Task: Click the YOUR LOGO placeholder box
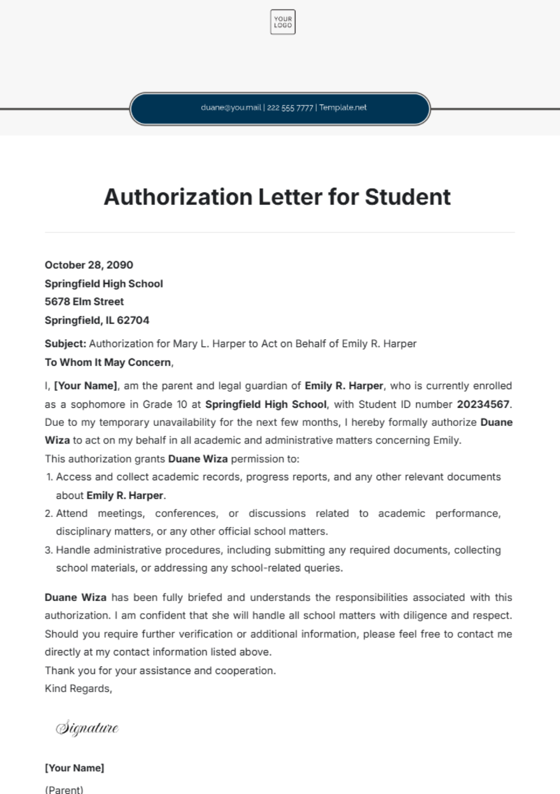pyautogui.click(x=283, y=22)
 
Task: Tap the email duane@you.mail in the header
pyautogui.click(x=231, y=107)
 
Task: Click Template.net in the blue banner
pyautogui.click(x=343, y=107)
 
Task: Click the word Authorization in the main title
pyautogui.click(x=179, y=197)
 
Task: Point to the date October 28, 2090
pyautogui.click(x=89, y=265)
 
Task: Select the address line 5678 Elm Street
pyautogui.click(x=84, y=302)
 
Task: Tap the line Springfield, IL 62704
pyautogui.click(x=97, y=320)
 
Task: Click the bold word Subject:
pyautogui.click(x=65, y=344)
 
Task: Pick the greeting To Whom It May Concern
pyautogui.click(x=108, y=362)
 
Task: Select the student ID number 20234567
pyautogui.click(x=483, y=404)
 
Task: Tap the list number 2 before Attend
pyautogui.click(x=49, y=514)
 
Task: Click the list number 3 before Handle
pyautogui.click(x=49, y=550)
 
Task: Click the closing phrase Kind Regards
pyautogui.click(x=78, y=688)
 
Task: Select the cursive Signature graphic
pyautogui.click(x=87, y=728)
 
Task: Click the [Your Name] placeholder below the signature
pyautogui.click(x=74, y=768)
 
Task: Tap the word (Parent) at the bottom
pyautogui.click(x=64, y=789)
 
